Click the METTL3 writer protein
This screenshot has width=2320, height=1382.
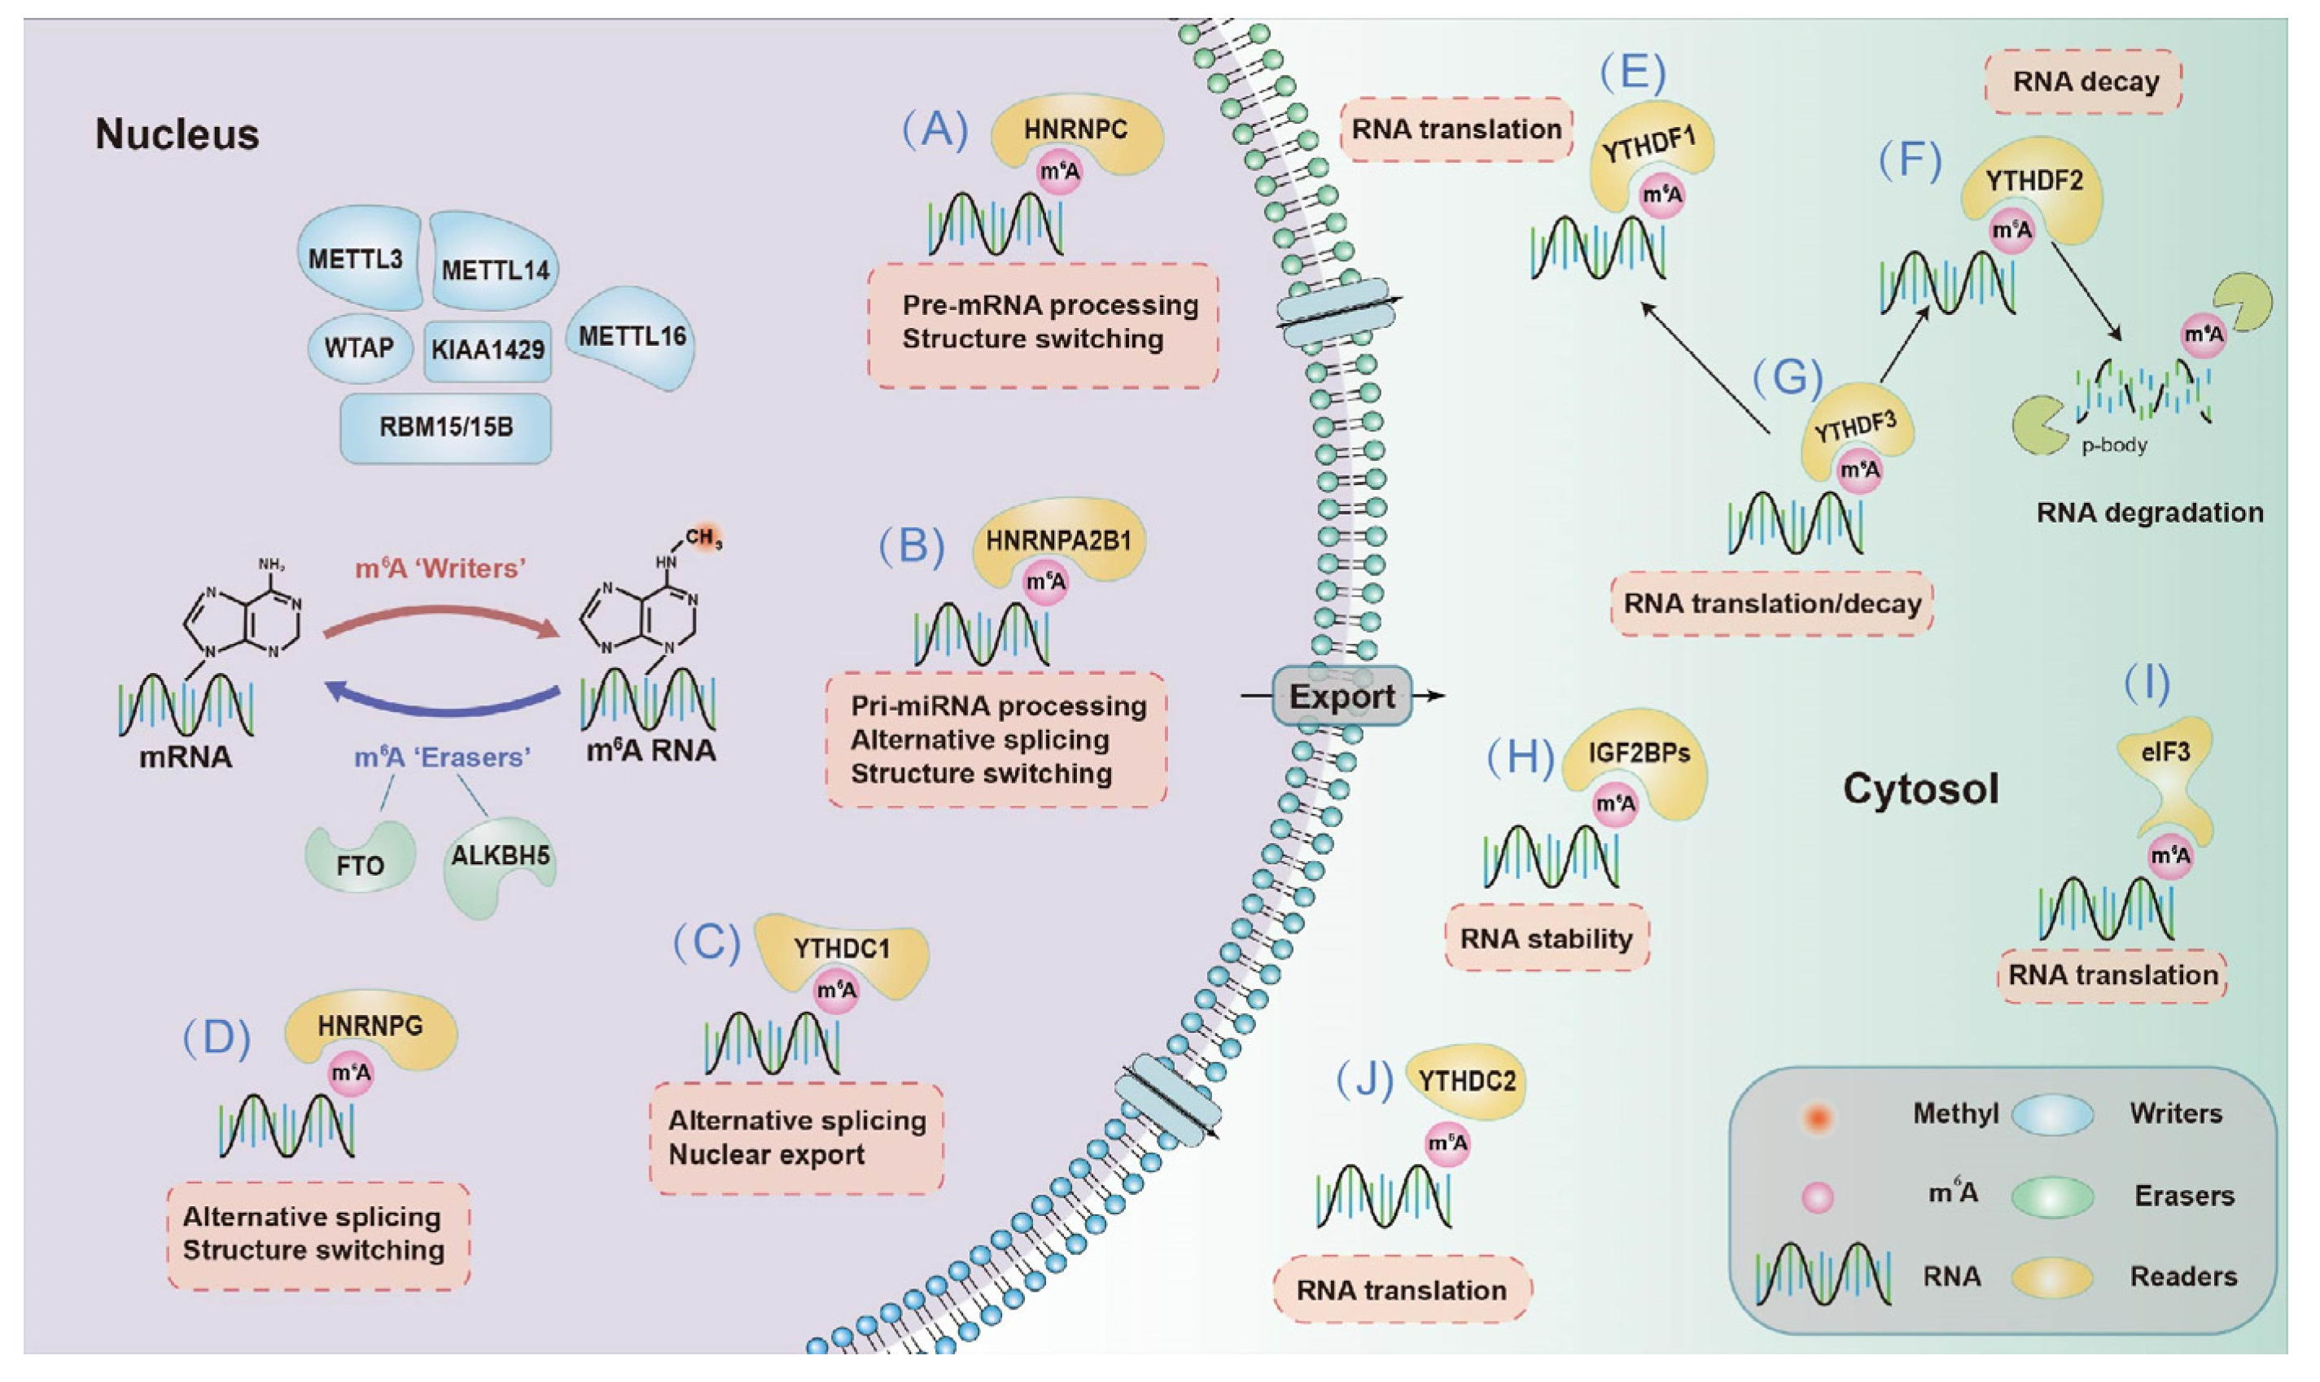(x=357, y=258)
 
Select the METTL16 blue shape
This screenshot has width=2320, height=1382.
(x=633, y=337)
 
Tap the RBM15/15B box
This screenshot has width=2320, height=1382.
(x=445, y=427)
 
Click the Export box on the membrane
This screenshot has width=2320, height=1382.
(x=1342, y=697)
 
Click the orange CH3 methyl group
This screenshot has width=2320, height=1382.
(x=705, y=537)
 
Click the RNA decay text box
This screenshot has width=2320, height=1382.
(x=2085, y=82)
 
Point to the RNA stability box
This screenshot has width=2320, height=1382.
(x=1546, y=938)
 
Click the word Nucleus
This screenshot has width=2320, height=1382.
(x=177, y=135)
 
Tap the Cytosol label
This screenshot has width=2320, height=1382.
(x=1920, y=789)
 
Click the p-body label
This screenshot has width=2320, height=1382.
(x=2114, y=445)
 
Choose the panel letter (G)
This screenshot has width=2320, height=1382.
(x=1786, y=377)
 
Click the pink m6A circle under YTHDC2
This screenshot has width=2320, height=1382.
(x=1447, y=1144)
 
